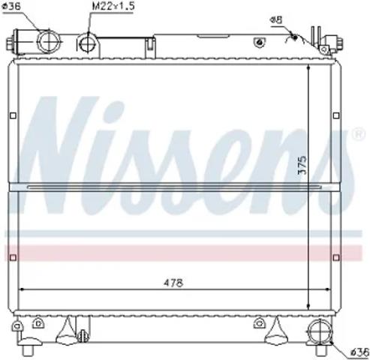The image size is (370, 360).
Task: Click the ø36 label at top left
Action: click(11, 7)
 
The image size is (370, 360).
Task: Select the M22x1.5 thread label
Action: click(113, 6)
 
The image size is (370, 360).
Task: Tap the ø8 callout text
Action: click(276, 19)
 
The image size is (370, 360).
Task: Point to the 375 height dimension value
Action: click(302, 165)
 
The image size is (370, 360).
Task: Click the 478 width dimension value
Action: click(173, 283)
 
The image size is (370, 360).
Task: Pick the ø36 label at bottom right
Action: click(359, 352)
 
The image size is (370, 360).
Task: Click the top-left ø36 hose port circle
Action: click(49, 41)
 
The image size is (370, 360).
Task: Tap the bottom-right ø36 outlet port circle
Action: click(320, 331)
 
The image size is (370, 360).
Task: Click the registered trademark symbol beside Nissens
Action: click(359, 134)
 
